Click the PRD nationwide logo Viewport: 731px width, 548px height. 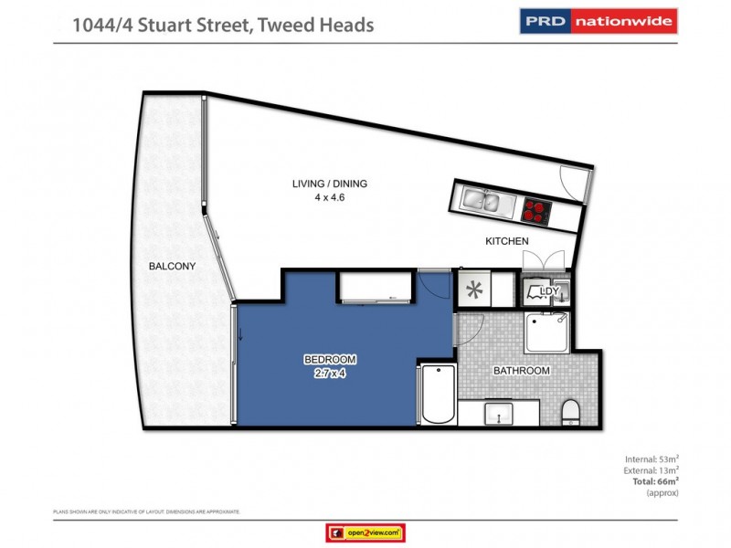(598, 21)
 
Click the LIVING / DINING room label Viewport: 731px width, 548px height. (330, 184)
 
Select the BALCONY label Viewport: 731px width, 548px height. (173, 266)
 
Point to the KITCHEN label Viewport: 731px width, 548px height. (507, 241)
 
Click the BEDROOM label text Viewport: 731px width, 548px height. (330, 359)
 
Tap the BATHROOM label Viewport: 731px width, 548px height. (521, 371)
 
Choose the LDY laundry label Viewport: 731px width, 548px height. (549, 291)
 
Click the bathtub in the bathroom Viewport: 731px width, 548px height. (437, 395)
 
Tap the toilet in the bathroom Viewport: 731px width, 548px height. (570, 411)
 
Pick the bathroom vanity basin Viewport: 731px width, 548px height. (502, 414)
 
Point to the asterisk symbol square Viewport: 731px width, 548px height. (473, 291)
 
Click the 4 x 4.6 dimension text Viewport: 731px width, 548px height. (330, 196)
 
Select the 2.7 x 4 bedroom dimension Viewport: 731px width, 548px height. (330, 372)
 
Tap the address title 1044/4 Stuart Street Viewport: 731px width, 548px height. (224, 25)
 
